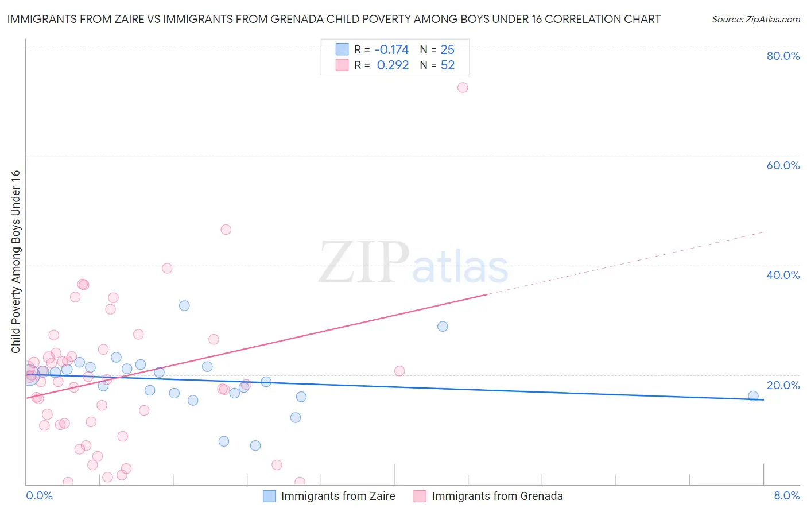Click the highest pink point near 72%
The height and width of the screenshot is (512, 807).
pyautogui.click(x=463, y=88)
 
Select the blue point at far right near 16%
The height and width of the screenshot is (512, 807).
pyautogui.click(x=753, y=396)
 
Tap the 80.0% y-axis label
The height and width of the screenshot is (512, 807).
pyautogui.click(x=783, y=56)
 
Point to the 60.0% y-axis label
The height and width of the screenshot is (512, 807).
pyautogui.click(x=783, y=165)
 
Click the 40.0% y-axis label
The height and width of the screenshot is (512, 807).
pyautogui.click(x=783, y=275)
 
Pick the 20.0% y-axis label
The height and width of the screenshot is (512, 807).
pyautogui.click(x=783, y=385)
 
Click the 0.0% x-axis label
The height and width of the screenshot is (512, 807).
pyautogui.click(x=39, y=495)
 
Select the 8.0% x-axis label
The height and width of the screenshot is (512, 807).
pyautogui.click(x=786, y=495)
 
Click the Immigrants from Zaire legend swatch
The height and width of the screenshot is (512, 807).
pyautogui.click(x=269, y=496)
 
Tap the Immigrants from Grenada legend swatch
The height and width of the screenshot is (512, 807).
pyautogui.click(x=420, y=496)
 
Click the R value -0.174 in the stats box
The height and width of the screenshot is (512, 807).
pyautogui.click(x=391, y=50)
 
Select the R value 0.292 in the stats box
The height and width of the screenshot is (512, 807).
pyautogui.click(x=393, y=65)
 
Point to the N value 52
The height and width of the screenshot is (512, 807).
pyautogui.click(x=447, y=65)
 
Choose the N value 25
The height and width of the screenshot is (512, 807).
pyautogui.click(x=447, y=50)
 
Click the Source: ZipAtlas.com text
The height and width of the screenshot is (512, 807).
pyautogui.click(x=755, y=20)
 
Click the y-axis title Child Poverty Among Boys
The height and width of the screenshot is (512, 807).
pyautogui.click(x=16, y=262)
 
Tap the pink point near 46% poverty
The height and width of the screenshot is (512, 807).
pyautogui.click(x=226, y=230)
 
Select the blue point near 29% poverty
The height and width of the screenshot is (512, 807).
pyautogui.click(x=443, y=327)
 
